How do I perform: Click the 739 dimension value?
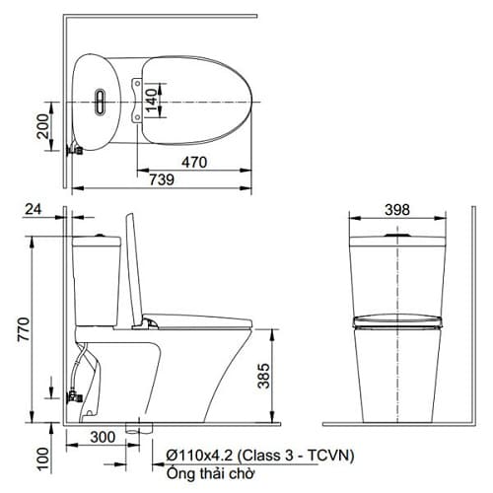coord(162,179)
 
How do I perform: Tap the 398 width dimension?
coord(396,210)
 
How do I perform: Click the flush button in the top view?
coord(100,101)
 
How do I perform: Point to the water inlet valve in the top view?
coord(71,152)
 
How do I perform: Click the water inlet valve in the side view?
coord(72,397)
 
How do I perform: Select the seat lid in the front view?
coord(396,318)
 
